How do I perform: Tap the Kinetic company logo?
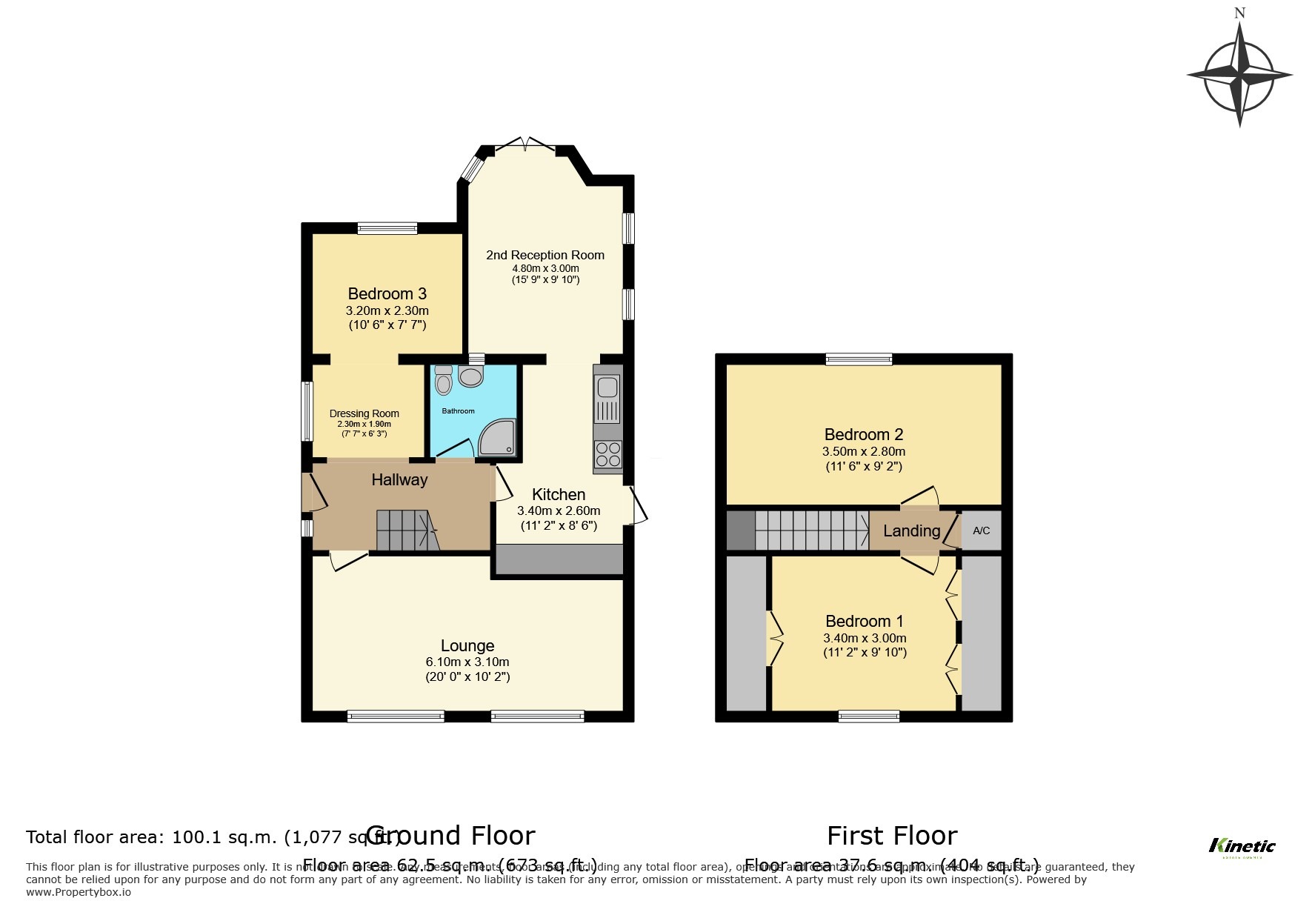click(x=1242, y=846)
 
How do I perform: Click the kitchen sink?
click(x=607, y=388)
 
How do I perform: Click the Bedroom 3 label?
click(x=387, y=293)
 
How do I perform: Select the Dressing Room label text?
click(x=364, y=413)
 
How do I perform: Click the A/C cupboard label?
click(x=981, y=530)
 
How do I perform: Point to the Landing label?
click(x=911, y=530)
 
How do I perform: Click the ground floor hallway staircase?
click(x=406, y=530)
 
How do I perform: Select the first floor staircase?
click(x=811, y=530)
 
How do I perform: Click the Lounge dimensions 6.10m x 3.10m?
click(x=467, y=662)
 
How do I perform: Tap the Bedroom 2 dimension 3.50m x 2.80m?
click(x=863, y=451)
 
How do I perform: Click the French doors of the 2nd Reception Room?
click(x=525, y=144)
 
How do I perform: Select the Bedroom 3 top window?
click(x=387, y=228)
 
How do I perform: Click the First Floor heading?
click(x=891, y=836)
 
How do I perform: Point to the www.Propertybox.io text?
click(x=79, y=892)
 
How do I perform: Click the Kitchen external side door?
click(x=636, y=505)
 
